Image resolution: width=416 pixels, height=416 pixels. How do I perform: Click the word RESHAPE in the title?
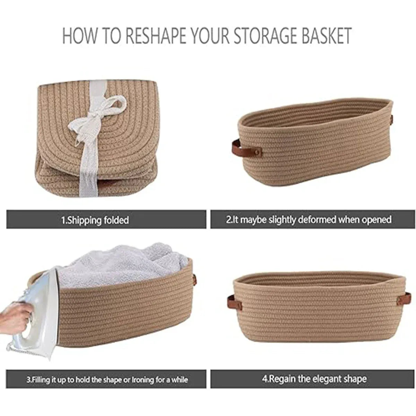pos(156,35)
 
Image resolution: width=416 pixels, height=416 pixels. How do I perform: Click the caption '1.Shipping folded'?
pos(95,220)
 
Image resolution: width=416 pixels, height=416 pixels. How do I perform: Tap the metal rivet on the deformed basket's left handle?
pos(257,152)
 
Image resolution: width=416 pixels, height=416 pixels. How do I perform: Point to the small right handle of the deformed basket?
pos(391,119)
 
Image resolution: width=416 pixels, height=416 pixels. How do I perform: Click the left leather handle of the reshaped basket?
pos(234,303)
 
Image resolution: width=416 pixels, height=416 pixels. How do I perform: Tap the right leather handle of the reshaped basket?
pos(404,298)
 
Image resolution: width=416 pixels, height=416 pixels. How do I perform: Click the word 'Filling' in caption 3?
pos(39,380)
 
